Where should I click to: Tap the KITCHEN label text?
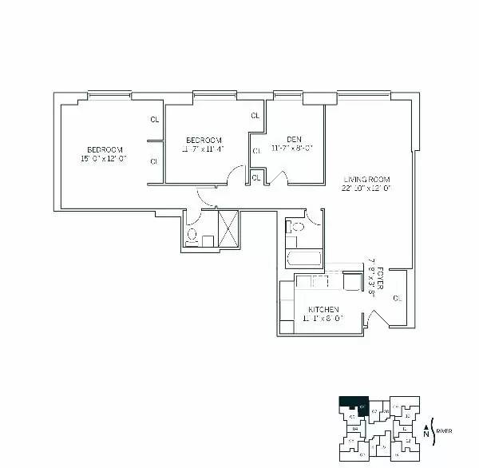[321, 310]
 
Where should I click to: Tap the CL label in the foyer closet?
[397, 298]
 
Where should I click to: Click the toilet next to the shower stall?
[192, 235]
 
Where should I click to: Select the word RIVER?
[444, 431]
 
